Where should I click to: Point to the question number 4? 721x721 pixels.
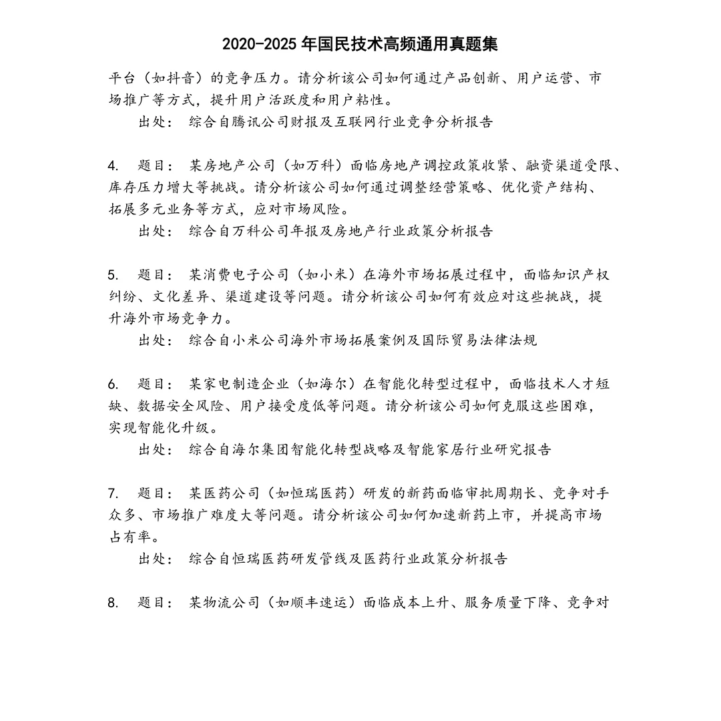coord(113,166)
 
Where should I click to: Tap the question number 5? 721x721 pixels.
coord(113,275)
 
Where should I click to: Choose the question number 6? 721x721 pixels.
coord(113,384)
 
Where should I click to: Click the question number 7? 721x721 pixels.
coord(113,493)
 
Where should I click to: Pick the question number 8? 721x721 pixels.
coord(113,603)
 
